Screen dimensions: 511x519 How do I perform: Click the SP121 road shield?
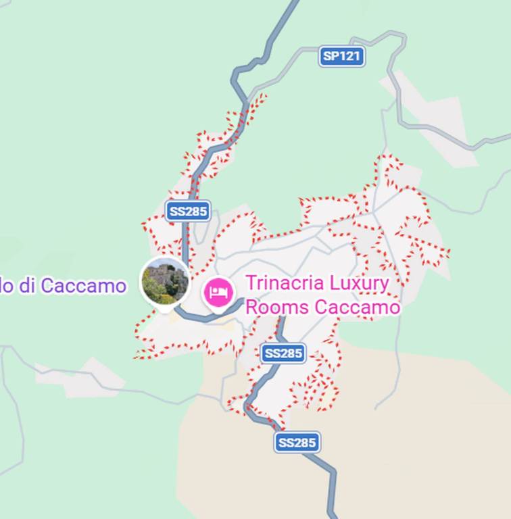(x=341, y=56)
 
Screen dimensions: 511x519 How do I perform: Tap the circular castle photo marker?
(x=165, y=282)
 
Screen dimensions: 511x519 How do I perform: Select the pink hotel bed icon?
(x=218, y=293)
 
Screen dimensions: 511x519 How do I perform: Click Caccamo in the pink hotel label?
(x=357, y=307)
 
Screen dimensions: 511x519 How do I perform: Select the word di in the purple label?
(x=27, y=286)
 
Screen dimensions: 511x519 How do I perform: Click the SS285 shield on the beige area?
(x=297, y=443)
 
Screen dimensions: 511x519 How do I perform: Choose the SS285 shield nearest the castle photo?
(x=187, y=211)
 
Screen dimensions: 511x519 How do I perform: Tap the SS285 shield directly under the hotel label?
(x=283, y=353)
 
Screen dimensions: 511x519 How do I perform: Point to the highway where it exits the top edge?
(x=294, y=4)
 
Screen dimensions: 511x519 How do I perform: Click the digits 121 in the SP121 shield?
(x=349, y=56)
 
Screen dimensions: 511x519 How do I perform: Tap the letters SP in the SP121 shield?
(x=331, y=56)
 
